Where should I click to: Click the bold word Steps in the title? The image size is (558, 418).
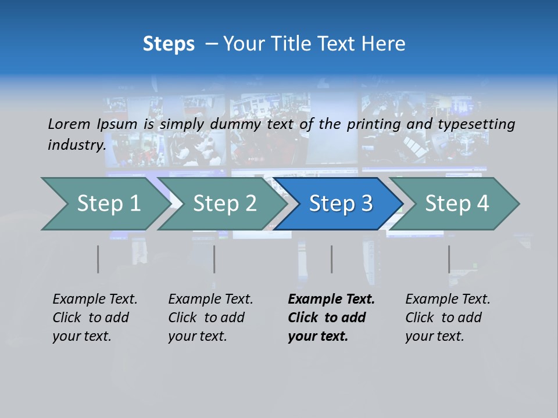pyautogui.click(x=169, y=44)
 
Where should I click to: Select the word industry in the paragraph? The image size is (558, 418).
pyautogui.click(x=76, y=145)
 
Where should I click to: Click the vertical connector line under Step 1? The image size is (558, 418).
pyautogui.click(x=98, y=259)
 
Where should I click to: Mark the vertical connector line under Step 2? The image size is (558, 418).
pyautogui.click(x=214, y=259)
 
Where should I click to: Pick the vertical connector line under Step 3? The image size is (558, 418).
pyautogui.click(x=331, y=259)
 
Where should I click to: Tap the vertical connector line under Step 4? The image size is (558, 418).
pyautogui.click(x=449, y=259)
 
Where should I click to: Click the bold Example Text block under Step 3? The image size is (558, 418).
pyautogui.click(x=331, y=318)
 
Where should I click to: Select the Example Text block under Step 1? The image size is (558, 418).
pyautogui.click(x=95, y=318)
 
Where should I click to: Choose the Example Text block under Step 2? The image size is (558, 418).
pyautogui.click(x=210, y=318)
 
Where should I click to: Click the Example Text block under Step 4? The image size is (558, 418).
pyautogui.click(x=448, y=318)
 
